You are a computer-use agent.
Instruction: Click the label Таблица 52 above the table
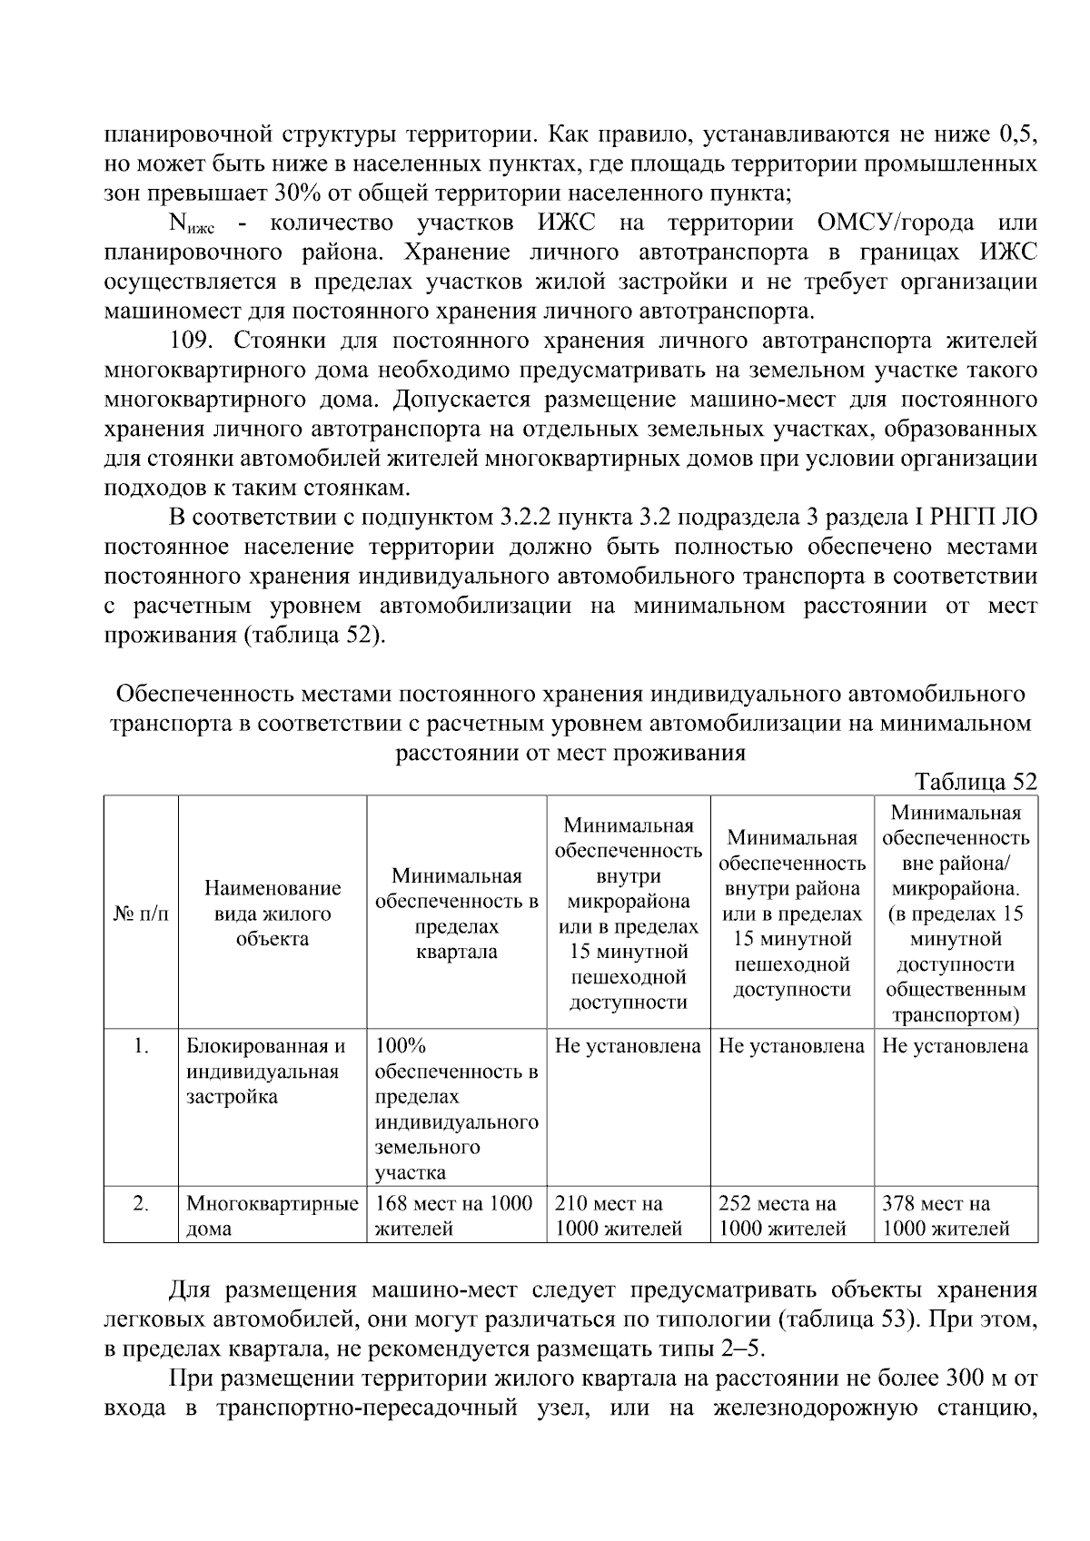point(976,782)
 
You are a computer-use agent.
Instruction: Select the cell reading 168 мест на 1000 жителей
point(453,1216)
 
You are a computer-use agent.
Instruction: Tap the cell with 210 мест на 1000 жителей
point(618,1216)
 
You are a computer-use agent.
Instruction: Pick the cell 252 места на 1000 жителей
point(782,1216)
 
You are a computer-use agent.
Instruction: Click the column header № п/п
point(141,914)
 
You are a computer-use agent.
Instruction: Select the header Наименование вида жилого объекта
point(272,914)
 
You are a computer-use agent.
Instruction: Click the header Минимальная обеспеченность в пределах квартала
point(456,914)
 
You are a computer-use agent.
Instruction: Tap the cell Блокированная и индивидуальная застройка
point(266,1072)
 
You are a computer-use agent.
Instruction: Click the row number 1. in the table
point(141,1046)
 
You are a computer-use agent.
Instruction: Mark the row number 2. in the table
point(141,1204)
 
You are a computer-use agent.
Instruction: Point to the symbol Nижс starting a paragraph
point(191,224)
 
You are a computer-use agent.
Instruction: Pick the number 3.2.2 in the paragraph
point(524,518)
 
